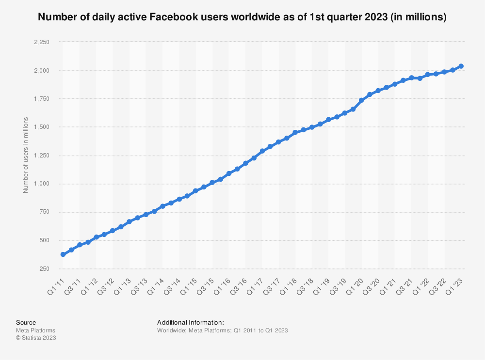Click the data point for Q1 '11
63,254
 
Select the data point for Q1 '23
461,66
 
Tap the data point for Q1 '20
361,100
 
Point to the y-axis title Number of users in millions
26,155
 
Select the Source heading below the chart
26,322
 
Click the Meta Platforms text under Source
35,330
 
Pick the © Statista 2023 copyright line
36,338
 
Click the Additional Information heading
191,322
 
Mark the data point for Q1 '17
262,151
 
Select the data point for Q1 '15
195,191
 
